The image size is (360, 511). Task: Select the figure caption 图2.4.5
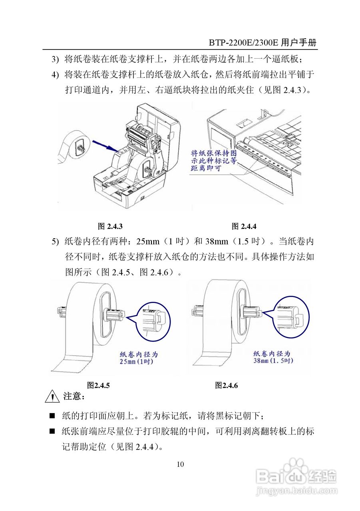point(98,385)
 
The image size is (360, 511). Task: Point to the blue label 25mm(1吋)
point(136,362)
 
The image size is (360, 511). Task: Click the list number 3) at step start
point(55,60)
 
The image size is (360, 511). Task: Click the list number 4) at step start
point(55,75)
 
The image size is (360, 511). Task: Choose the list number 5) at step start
point(55,242)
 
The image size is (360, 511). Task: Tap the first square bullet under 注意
point(52,416)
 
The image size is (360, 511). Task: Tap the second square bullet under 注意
point(52,431)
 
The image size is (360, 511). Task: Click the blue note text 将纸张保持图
point(213,153)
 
